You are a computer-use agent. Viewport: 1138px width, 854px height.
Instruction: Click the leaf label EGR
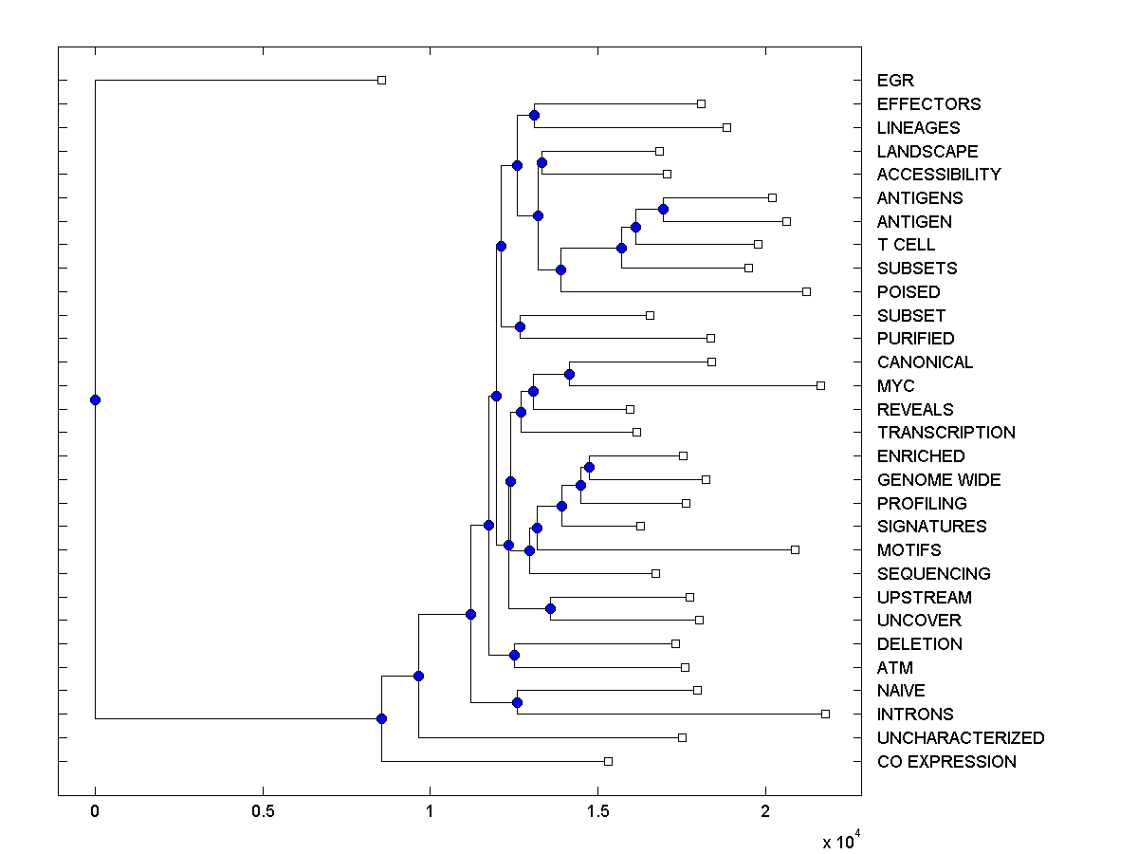(x=895, y=81)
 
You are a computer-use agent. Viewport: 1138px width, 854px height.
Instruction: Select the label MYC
(x=895, y=385)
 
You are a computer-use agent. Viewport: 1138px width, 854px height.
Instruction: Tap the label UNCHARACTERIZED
(x=960, y=737)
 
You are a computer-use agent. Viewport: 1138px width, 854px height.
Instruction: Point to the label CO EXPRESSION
(x=945, y=761)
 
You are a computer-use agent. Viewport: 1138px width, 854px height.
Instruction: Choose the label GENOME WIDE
(x=938, y=479)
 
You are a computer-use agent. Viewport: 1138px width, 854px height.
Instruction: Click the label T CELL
(x=906, y=245)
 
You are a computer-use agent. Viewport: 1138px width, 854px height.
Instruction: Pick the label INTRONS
(x=914, y=714)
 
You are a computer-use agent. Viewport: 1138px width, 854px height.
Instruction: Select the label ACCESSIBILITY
(x=938, y=174)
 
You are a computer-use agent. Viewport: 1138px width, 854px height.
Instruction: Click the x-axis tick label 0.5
(x=263, y=811)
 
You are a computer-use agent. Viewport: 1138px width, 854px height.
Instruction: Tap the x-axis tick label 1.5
(x=597, y=811)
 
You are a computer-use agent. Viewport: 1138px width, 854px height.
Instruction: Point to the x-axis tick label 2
(x=765, y=811)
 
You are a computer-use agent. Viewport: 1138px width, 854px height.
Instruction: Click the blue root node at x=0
(x=95, y=399)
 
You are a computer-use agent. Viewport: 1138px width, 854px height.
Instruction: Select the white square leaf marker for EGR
(x=381, y=81)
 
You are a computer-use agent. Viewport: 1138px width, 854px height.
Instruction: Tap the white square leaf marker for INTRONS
(x=825, y=714)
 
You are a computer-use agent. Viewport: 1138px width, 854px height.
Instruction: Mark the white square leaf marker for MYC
(x=820, y=385)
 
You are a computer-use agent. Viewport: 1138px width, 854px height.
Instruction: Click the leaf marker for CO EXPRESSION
(x=608, y=761)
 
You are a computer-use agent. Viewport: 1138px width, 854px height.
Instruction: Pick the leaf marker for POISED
(x=806, y=291)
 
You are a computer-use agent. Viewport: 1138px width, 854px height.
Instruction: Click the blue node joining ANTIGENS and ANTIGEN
(x=664, y=209)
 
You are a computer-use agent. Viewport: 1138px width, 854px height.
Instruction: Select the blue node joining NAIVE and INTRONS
(x=517, y=702)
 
